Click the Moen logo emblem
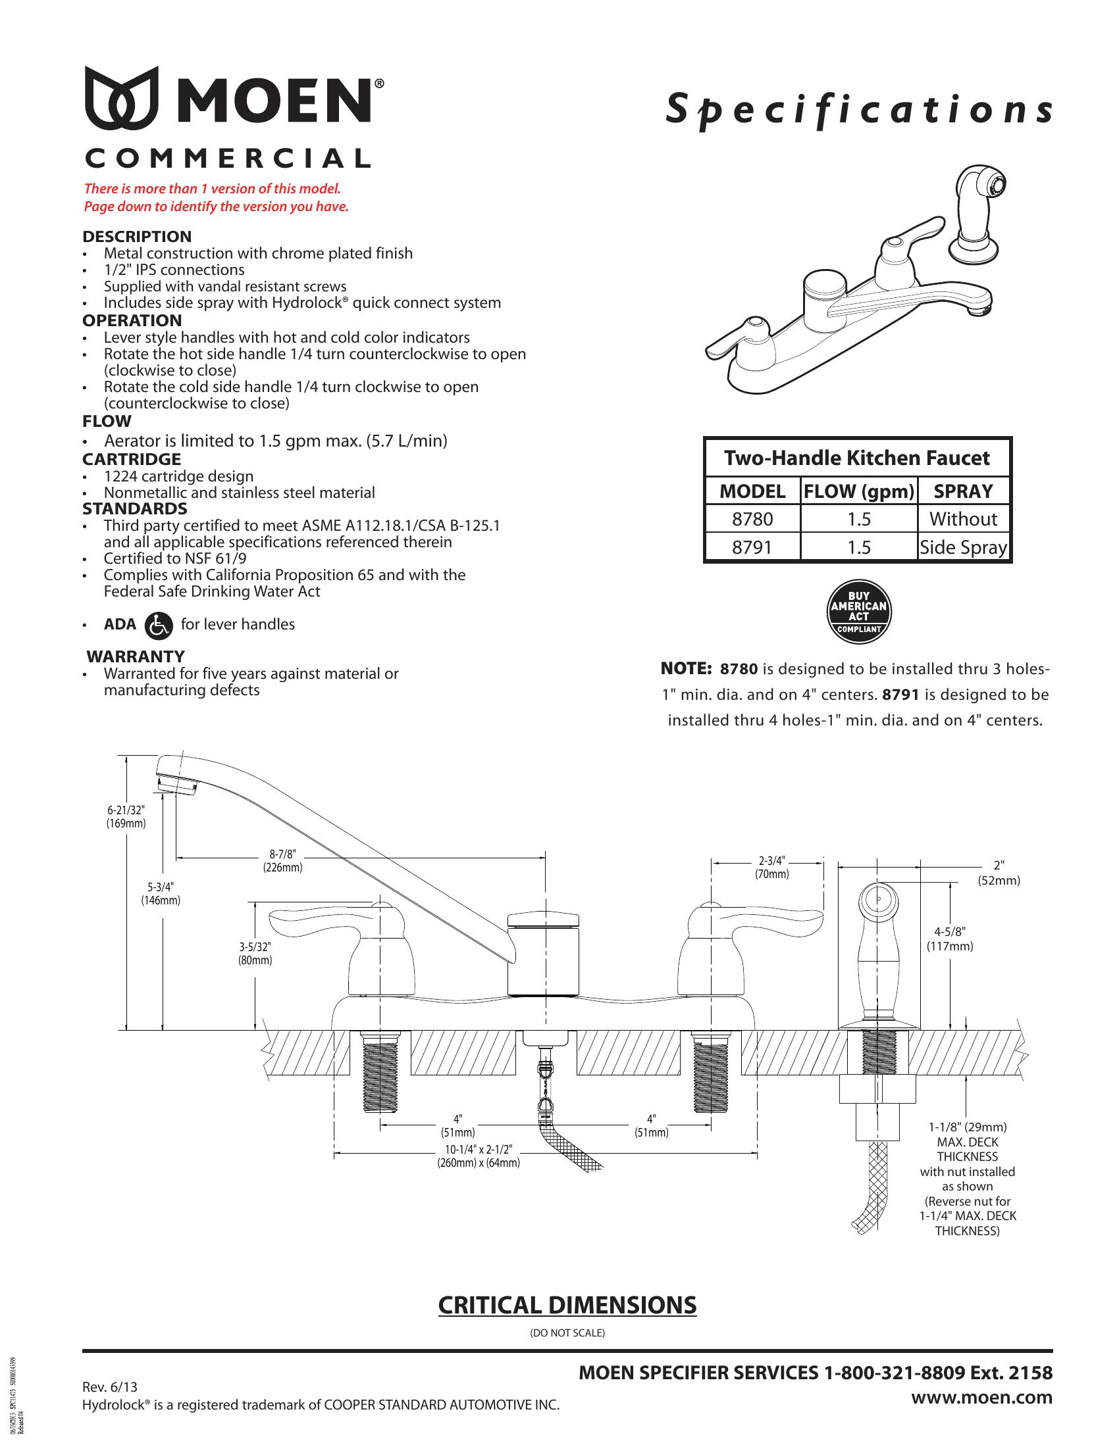tap(122, 97)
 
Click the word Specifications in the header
tap(859, 110)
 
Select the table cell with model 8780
tap(752, 519)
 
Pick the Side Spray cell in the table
tap(963, 548)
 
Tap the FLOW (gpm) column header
tap(858, 491)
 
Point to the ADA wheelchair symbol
tap(158, 625)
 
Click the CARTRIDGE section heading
tap(131, 459)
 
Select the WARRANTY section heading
tap(136, 656)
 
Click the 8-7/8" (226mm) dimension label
tap(282, 862)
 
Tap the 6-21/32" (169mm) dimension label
tap(126, 816)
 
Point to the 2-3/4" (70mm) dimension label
tap(771, 868)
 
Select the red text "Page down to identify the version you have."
tap(216, 207)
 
